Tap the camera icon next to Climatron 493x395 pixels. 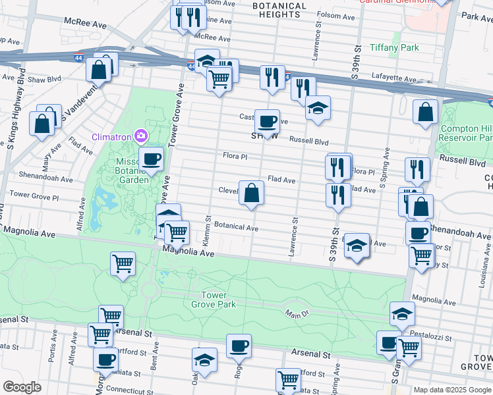tap(140, 136)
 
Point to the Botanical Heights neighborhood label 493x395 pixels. tap(280, 10)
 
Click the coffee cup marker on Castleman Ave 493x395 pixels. tap(267, 121)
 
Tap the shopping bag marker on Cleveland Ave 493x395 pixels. tap(251, 193)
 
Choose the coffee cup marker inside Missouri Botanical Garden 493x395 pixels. tap(152, 159)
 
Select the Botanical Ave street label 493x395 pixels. tap(235, 228)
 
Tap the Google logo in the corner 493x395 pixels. tap(22, 386)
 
